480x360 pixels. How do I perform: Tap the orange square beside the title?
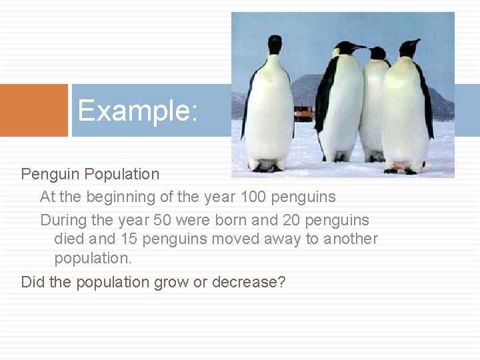coord(33,110)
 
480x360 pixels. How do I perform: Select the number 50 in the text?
coord(162,220)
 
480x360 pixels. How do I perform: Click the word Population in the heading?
coord(122,175)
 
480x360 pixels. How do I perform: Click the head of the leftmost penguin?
coord(275,44)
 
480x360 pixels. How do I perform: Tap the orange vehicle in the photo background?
coord(304,113)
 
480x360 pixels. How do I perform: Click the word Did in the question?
coord(33,282)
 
